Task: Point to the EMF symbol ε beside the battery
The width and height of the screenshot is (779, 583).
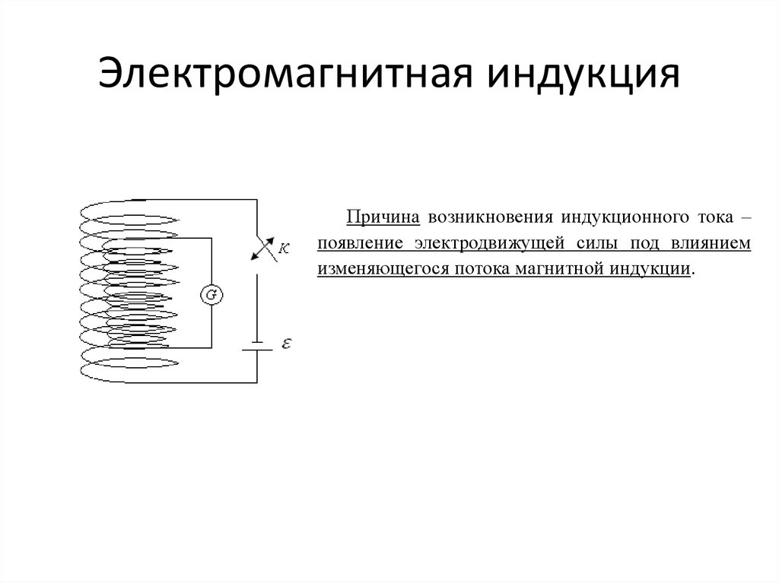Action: click(x=286, y=344)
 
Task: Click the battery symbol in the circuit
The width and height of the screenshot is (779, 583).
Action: click(x=256, y=347)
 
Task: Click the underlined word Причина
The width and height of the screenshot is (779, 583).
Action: click(x=384, y=217)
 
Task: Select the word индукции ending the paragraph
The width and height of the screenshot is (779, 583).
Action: click(x=653, y=270)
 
